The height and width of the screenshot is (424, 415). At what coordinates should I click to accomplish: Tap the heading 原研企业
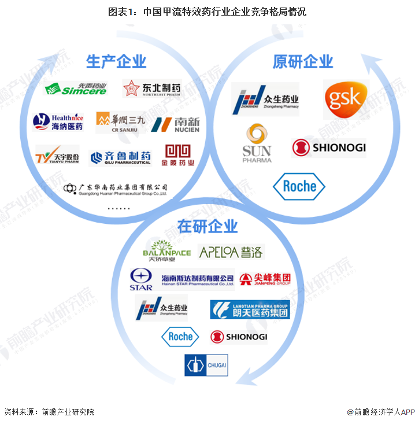click(x=303, y=61)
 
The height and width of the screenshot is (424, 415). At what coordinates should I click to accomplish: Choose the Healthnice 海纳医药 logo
click(x=58, y=121)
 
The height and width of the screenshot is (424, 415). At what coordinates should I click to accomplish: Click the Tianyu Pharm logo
click(x=57, y=156)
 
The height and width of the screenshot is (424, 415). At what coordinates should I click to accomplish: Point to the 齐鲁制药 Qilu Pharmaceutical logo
click(x=121, y=157)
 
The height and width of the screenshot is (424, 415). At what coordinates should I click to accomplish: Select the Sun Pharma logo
click(x=257, y=143)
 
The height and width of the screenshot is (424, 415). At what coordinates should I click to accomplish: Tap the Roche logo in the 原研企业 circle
click(x=299, y=186)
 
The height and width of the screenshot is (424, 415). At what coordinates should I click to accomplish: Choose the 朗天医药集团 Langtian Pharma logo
click(x=250, y=309)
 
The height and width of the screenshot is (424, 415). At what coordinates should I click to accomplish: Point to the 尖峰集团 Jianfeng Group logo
click(x=265, y=280)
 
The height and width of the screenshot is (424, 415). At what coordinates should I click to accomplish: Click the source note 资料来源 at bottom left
click(x=49, y=412)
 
